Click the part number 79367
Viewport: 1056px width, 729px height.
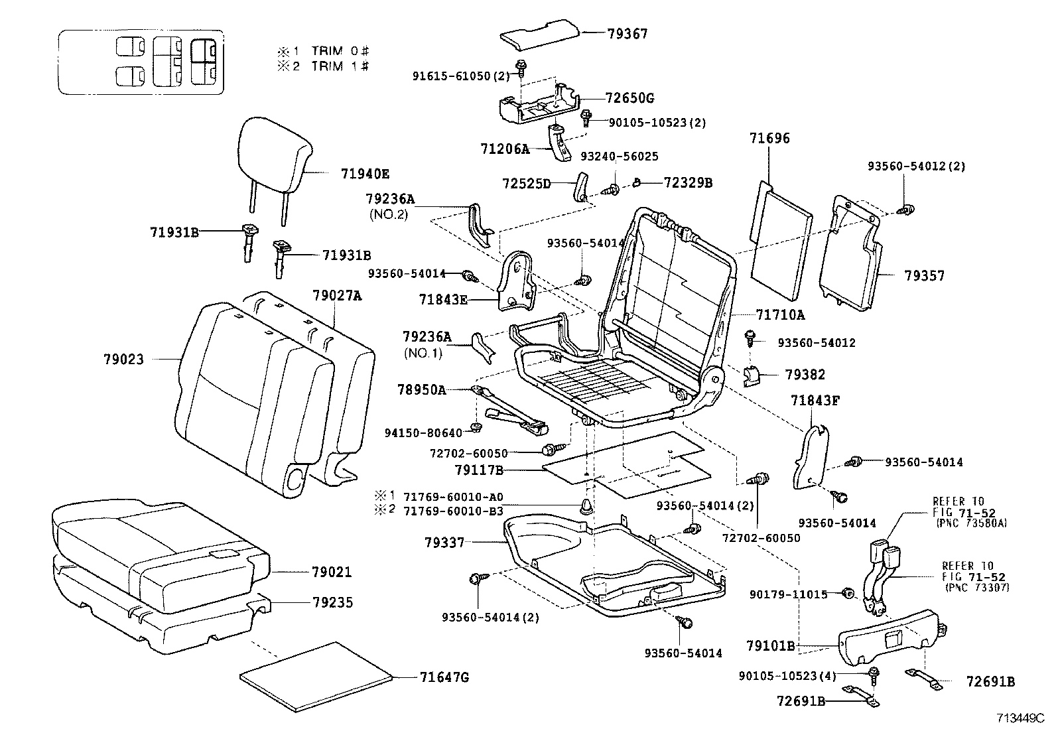pyautogui.click(x=627, y=34)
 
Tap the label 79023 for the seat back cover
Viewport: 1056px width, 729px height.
pyautogui.click(x=123, y=360)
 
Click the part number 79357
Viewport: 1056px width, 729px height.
pyautogui.click(x=924, y=275)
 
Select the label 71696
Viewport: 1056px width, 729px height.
pyautogui.click(x=769, y=139)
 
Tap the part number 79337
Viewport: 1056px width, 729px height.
pyautogui.click(x=444, y=543)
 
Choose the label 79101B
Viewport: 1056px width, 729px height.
pyautogui.click(x=770, y=645)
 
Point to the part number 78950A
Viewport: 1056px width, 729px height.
pyautogui.click(x=421, y=389)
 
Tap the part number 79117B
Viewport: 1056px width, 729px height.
pyautogui.click(x=479, y=470)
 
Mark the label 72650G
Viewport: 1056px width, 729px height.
pyautogui.click(x=629, y=98)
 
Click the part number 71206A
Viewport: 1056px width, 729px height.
pyautogui.click(x=505, y=149)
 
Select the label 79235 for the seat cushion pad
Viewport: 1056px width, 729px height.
pyautogui.click(x=332, y=603)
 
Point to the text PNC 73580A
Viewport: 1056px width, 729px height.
pyautogui.click(x=971, y=523)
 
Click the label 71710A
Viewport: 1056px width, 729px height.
pyautogui.click(x=780, y=314)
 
